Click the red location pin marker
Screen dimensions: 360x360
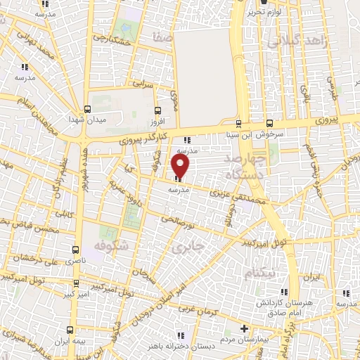point(181,166)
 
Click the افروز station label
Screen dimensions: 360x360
point(156,121)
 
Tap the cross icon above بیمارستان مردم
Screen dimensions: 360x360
point(244,328)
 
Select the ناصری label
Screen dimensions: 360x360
point(75,260)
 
